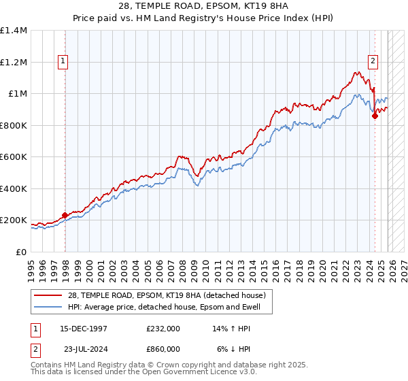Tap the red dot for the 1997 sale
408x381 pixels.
coord(65,216)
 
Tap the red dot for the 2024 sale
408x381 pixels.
coord(375,116)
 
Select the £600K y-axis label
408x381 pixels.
coord(14,157)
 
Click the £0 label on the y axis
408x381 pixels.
coord(21,252)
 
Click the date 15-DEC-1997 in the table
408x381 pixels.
coord(84,328)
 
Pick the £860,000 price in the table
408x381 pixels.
coord(163,348)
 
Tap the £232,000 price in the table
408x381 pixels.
coord(163,328)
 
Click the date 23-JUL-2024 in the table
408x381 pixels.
coord(84,348)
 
